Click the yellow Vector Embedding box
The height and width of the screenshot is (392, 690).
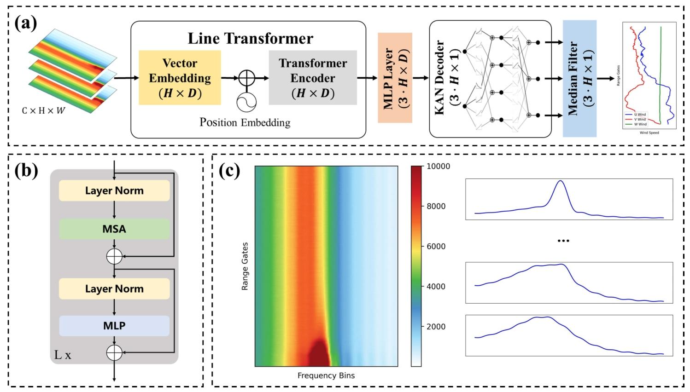coord(180,77)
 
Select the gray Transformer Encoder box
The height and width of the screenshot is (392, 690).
coord(313,77)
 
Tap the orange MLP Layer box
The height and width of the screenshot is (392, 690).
coord(395,78)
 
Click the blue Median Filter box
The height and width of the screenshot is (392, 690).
coord(579,78)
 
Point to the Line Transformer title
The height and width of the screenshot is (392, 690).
coord(250,38)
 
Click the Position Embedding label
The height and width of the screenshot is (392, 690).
coord(245,122)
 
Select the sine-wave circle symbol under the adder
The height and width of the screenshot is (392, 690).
coord(246,101)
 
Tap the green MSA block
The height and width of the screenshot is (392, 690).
coord(114,229)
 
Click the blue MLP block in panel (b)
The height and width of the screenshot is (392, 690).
coord(114,326)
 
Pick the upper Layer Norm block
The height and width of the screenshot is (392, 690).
coord(114,190)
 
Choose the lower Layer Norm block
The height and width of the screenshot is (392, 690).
coord(114,289)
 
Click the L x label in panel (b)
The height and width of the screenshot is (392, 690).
coord(63,355)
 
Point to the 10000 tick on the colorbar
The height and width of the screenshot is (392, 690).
coord(438,166)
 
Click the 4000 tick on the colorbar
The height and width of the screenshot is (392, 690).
coord(435,286)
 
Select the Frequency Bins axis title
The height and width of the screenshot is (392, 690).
coord(326,375)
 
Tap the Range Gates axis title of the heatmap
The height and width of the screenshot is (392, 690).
coord(245,266)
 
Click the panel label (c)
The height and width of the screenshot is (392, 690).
coord(229,171)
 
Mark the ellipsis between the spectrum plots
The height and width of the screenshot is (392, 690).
coord(563,241)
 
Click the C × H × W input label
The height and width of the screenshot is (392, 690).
coord(43,111)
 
